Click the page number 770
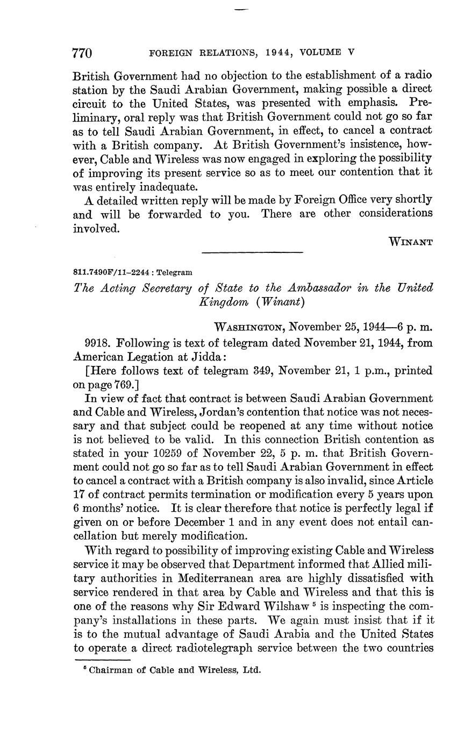82,53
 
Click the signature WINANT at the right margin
411,242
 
